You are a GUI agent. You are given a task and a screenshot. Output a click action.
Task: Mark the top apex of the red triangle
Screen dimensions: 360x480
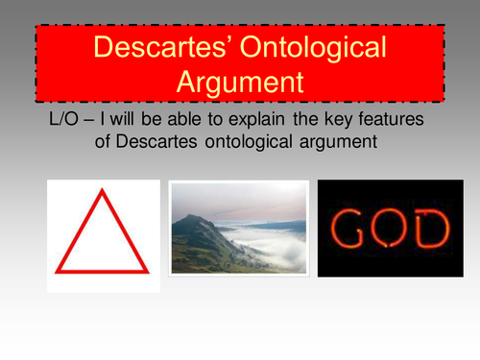102,191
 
